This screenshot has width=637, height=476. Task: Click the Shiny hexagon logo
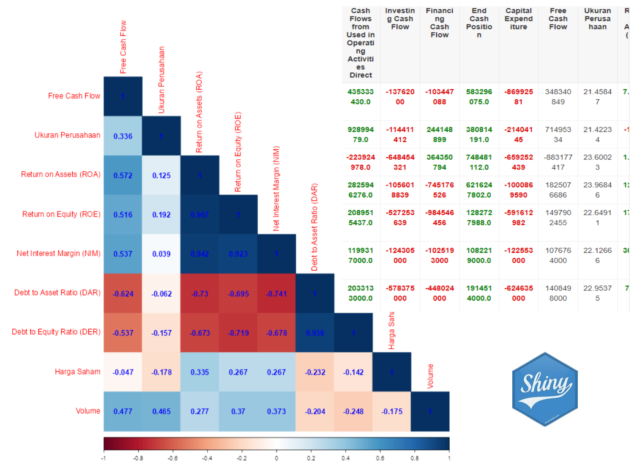click(545, 389)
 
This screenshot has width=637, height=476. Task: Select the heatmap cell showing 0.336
click(123, 136)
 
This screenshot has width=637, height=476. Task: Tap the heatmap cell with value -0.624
click(123, 293)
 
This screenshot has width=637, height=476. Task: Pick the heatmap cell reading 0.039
click(161, 254)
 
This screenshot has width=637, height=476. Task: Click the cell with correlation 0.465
click(161, 411)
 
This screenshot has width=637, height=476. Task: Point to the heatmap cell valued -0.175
click(392, 411)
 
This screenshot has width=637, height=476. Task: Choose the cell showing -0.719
click(238, 333)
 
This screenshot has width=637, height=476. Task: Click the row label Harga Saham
click(77, 372)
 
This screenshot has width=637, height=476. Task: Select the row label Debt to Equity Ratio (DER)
click(56, 332)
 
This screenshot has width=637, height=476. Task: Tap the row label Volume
click(88, 411)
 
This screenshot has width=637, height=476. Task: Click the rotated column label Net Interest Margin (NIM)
click(276, 189)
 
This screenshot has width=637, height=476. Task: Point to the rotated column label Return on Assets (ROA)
click(199, 112)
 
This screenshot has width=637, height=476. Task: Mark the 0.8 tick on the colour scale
click(415, 458)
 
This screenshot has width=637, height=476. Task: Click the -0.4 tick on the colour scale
click(207, 458)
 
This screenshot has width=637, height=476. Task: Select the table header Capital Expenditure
click(519, 19)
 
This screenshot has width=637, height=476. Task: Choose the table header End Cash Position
click(479, 22)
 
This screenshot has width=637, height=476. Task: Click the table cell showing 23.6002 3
click(597, 162)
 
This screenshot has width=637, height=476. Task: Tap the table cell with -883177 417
click(558, 162)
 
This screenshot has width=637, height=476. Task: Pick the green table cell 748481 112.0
click(479, 162)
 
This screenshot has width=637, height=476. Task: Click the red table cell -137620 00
click(400, 97)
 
